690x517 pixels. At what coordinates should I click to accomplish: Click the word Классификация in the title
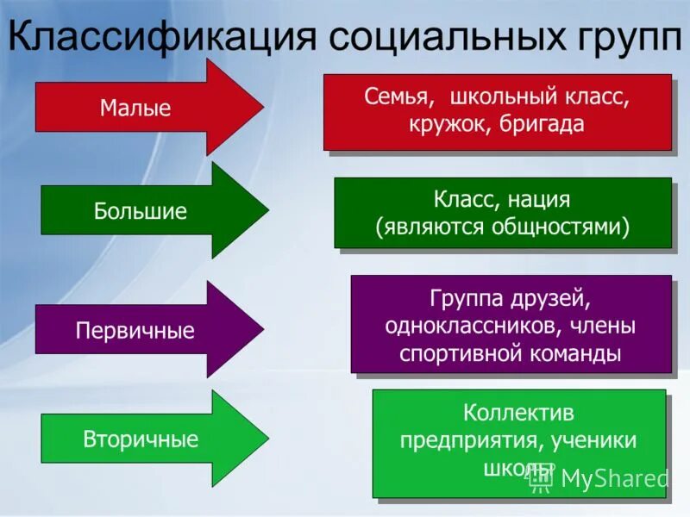coord(160,38)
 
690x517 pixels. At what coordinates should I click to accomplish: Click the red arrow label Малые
coord(135,109)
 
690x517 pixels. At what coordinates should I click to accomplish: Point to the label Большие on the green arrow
coord(140,212)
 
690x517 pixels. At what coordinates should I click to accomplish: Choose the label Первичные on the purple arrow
coord(135,331)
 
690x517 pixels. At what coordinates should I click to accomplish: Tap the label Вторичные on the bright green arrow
coord(141,439)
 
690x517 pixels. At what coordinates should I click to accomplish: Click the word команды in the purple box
coord(580,353)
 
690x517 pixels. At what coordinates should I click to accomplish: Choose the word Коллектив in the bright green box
coord(518,414)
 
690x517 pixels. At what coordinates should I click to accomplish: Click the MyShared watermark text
coord(613,478)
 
